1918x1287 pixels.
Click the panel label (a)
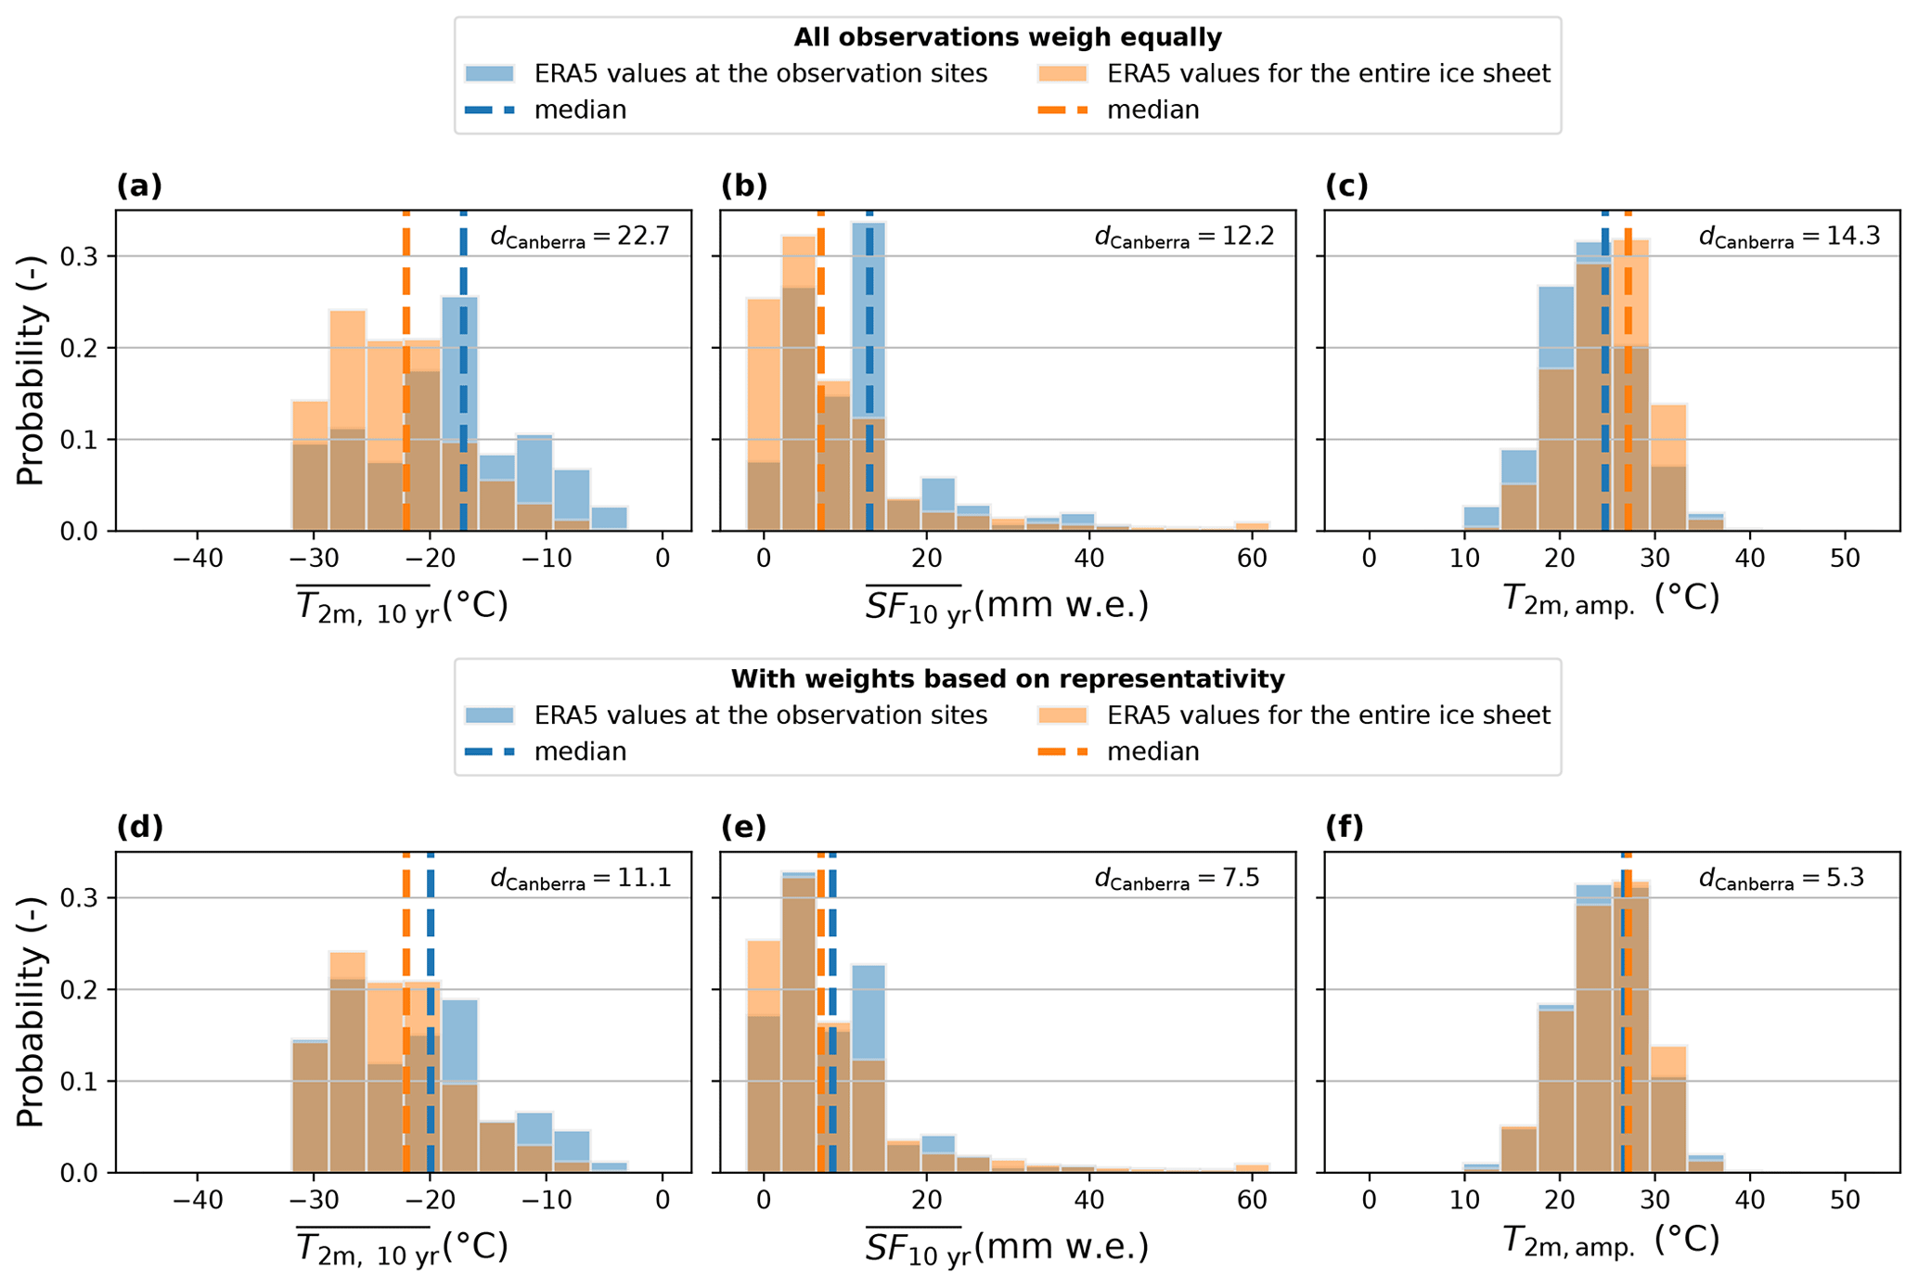pyautogui.click(x=139, y=187)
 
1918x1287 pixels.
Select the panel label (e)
pyautogui.click(x=744, y=828)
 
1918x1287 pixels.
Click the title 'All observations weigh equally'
pyautogui.click(x=1007, y=37)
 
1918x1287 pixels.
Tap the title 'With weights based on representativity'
pyautogui.click(x=1007, y=679)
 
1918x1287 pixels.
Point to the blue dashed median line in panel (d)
pyautogui.click(x=431, y=1021)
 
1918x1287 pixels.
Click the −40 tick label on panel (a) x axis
pyautogui.click(x=197, y=560)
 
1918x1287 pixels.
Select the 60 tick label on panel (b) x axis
pyautogui.click(x=1253, y=560)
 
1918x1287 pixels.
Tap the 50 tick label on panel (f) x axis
pyautogui.click(x=1845, y=1201)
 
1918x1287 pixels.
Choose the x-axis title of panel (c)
pyautogui.click(x=1610, y=599)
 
